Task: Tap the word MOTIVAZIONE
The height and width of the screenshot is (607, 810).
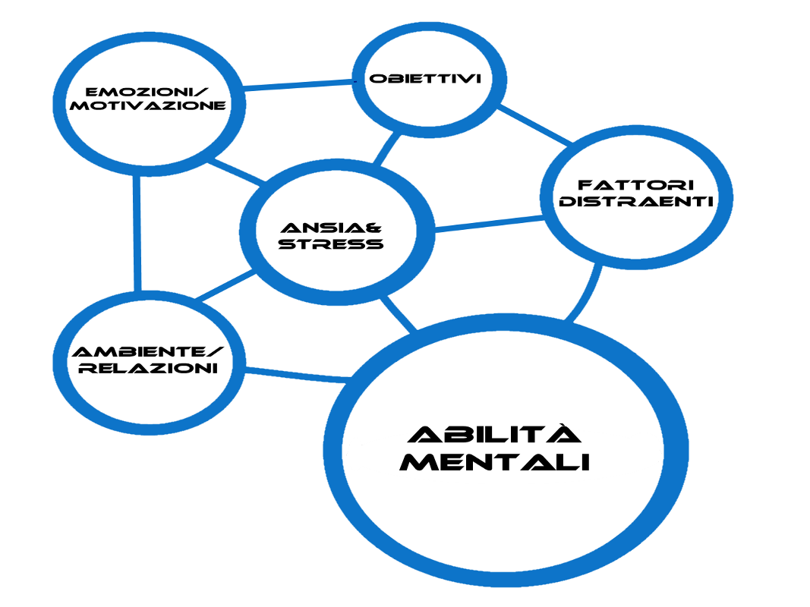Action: pyautogui.click(x=147, y=106)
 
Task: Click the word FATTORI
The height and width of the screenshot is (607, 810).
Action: pyautogui.click(x=636, y=185)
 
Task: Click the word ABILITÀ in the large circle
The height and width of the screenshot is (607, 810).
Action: pyautogui.click(x=494, y=435)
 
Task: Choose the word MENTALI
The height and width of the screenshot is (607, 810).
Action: pyautogui.click(x=494, y=461)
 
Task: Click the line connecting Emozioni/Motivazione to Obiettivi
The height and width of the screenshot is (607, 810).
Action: pyautogui.click(x=296, y=85)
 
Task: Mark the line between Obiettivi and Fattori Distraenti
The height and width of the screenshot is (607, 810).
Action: pyautogui.click(x=535, y=126)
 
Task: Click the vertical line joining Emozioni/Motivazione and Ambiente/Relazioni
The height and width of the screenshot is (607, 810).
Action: pyautogui.click(x=137, y=231)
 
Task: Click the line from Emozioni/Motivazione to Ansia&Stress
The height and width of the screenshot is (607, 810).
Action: pyautogui.click(x=235, y=171)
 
